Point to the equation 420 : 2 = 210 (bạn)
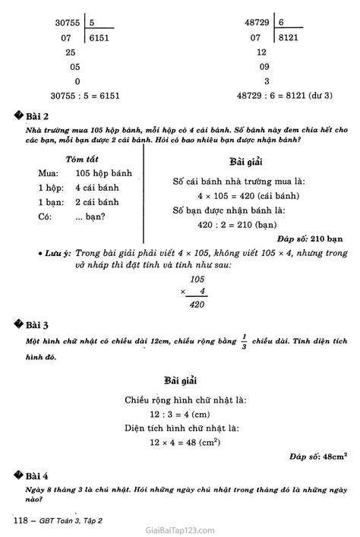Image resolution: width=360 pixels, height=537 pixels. [x=235, y=225]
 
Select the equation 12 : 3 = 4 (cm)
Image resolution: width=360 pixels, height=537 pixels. [x=179, y=413]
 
